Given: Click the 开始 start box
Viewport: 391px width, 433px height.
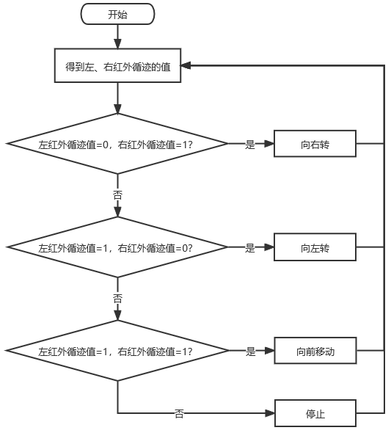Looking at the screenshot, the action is point(117,14).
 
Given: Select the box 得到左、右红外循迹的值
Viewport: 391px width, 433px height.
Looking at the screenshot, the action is point(117,65).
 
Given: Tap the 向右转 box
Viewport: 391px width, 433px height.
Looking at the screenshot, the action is point(315,144).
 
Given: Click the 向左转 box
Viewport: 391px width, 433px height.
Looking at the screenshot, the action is point(315,247).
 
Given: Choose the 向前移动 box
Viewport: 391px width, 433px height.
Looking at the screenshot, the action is point(315,351).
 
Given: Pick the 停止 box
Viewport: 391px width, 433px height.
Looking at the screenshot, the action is point(315,413).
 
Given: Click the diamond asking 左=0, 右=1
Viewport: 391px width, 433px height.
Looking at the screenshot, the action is point(117,144).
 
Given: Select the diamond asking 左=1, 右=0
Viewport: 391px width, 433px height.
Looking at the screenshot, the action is point(117,247).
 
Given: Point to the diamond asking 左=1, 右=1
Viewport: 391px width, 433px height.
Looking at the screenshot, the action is point(117,351).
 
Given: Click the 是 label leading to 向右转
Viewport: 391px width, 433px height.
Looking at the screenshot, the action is point(250,145).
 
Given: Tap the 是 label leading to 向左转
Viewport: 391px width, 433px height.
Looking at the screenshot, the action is point(250,248).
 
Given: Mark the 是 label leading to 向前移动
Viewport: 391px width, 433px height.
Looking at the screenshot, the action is point(251,352).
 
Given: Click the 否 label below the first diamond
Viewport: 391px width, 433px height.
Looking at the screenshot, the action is point(117,195).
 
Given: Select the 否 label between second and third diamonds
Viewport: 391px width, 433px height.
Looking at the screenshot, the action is point(117,299).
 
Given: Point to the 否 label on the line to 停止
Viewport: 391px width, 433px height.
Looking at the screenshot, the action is point(179,414).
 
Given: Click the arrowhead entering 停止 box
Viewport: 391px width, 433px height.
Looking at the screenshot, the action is point(270,413).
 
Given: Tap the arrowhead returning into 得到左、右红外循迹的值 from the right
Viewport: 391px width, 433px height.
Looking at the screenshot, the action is point(186,66).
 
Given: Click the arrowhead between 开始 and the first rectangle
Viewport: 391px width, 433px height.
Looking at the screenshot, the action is point(118,44).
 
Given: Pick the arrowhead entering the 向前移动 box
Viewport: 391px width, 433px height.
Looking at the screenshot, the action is point(269,351).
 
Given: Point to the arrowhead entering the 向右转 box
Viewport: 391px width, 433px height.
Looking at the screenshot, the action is point(269,144).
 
